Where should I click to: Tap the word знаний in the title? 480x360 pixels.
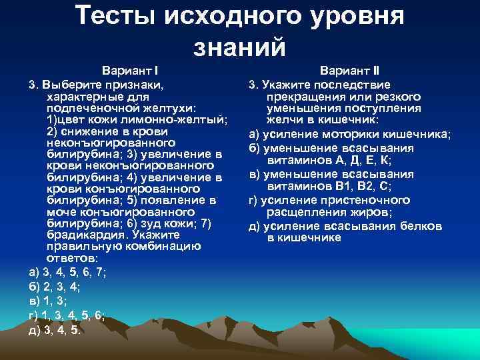point(239,47)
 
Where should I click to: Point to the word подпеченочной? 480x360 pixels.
point(87,108)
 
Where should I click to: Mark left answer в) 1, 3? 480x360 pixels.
point(47,301)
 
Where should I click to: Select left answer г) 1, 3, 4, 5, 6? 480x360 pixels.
point(66,316)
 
